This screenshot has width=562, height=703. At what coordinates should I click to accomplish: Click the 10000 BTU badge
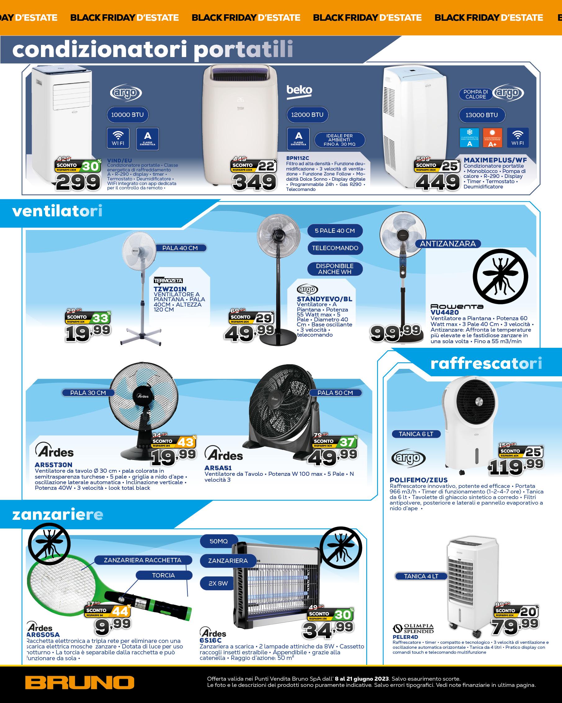(127, 115)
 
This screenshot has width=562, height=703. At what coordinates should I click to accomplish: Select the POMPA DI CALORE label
(475, 94)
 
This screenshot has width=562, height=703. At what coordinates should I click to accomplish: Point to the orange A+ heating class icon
(492, 137)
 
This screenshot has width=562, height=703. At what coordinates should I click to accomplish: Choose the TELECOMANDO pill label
(335, 248)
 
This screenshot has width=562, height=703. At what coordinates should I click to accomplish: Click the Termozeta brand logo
(168, 281)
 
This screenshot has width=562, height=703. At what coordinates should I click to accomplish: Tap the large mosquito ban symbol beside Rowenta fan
(500, 276)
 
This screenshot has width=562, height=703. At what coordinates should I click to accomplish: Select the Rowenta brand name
(456, 307)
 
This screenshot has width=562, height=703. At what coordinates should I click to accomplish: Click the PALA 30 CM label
(88, 393)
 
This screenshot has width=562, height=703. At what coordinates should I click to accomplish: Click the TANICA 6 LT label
(416, 434)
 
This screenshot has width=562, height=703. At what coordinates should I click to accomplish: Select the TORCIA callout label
(163, 575)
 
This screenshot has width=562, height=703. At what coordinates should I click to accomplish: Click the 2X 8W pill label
(218, 583)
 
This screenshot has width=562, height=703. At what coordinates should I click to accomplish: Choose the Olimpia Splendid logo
(413, 628)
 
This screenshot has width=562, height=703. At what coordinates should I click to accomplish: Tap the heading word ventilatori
(57, 211)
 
